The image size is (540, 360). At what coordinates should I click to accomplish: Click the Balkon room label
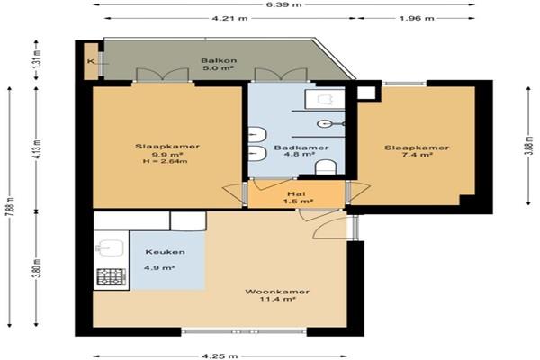(219, 60)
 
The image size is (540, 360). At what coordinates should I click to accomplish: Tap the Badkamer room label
(301, 148)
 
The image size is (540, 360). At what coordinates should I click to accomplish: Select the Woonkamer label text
(277, 292)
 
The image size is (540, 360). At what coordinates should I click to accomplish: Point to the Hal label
(296, 194)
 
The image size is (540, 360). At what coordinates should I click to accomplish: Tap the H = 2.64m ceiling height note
(165, 161)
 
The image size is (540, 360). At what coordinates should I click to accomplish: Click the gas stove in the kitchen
(112, 276)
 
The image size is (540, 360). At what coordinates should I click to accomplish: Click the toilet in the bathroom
(326, 167)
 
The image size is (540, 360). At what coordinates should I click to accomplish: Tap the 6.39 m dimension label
(284, 4)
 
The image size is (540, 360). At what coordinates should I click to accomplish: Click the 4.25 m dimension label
(220, 355)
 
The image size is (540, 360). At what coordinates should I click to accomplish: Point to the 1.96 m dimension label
(417, 18)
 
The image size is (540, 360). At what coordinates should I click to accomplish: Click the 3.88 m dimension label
(530, 146)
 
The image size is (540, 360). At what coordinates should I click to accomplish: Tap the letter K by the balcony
(90, 62)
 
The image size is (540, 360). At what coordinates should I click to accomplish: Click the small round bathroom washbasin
(324, 123)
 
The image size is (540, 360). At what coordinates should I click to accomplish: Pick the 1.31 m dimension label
(37, 59)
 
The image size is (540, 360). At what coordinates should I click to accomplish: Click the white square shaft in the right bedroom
(366, 93)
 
